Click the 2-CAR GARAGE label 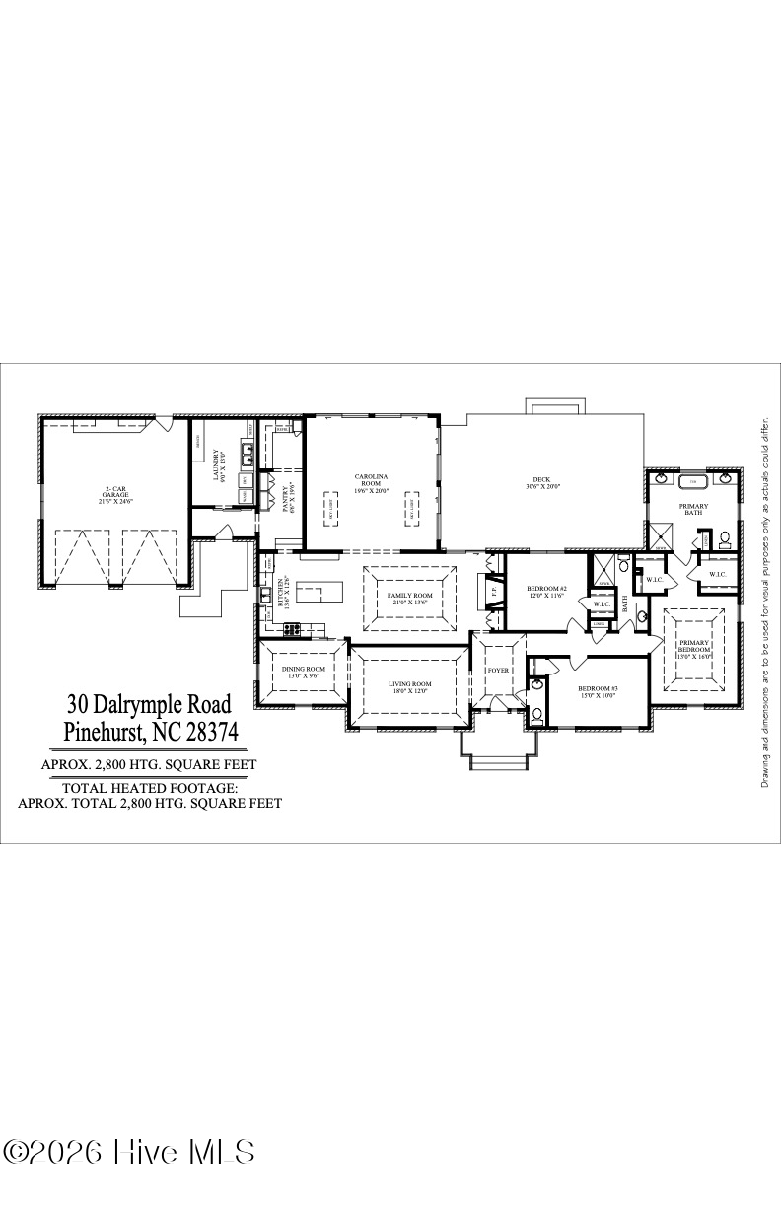(115, 496)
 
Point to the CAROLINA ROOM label (372, 483)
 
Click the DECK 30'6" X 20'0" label (541, 483)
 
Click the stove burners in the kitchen (294, 628)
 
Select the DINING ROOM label (303, 673)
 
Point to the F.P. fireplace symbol (493, 594)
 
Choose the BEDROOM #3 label (598, 691)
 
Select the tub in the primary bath (692, 482)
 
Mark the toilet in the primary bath (725, 539)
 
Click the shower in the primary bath (659, 537)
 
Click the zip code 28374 (208, 733)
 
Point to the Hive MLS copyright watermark (129, 1152)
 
